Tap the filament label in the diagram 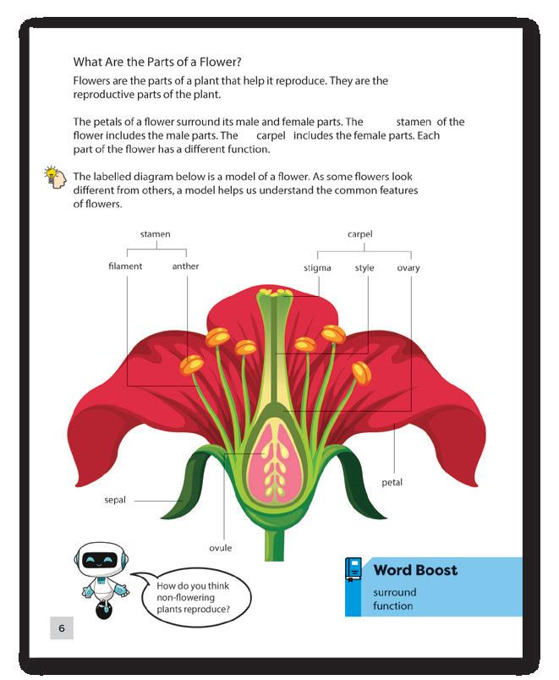click(x=125, y=266)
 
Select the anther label click(x=185, y=266)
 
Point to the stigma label click(x=317, y=268)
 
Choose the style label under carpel click(x=364, y=268)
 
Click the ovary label click(x=408, y=268)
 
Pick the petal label click(x=392, y=483)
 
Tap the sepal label click(x=114, y=500)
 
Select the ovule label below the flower click(x=220, y=548)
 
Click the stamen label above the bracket click(x=155, y=233)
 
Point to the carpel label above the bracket click(x=359, y=233)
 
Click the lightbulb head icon click(x=55, y=177)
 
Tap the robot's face click(x=100, y=560)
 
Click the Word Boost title click(x=415, y=570)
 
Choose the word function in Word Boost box click(x=392, y=606)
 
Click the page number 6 click(x=61, y=628)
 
